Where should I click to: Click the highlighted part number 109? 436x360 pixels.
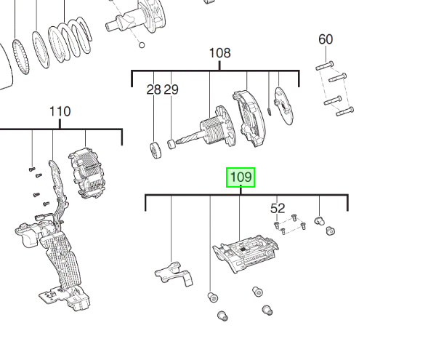pos(241,177)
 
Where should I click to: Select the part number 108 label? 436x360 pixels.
pos(219,53)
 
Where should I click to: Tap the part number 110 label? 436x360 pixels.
pos(60,111)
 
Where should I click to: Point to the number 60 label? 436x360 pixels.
pos(326,39)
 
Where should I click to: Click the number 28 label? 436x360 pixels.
pos(153,89)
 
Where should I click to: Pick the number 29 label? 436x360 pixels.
pos(171,89)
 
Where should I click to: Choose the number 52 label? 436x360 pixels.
pos(278,208)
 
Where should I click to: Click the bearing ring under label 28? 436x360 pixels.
pos(154,151)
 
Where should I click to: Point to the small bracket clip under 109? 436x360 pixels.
pos(173,272)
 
